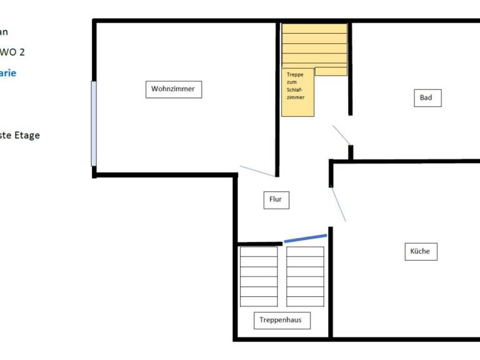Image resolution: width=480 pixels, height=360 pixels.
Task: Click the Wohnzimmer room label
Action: (173, 89)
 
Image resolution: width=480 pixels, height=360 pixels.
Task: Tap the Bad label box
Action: (427, 97)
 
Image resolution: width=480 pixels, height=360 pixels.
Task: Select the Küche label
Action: (420, 251)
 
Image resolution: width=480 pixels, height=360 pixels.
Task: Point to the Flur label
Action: (276, 200)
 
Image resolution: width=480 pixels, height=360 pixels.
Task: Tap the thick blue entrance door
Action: (305, 239)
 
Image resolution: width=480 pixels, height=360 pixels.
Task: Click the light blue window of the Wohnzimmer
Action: (94, 123)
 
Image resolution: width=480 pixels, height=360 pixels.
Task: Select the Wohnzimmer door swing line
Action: (257, 171)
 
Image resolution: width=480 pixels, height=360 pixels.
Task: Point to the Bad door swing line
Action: (341, 134)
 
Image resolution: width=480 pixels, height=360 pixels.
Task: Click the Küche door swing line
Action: (337, 204)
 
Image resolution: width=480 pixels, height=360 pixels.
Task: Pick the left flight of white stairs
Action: (259, 276)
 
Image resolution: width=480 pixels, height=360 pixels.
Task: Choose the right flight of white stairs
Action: (305, 276)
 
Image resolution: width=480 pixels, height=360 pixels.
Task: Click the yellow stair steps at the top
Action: (314, 47)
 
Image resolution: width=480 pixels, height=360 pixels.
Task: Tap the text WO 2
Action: (12, 52)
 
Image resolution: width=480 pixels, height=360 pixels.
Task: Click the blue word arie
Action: (8, 73)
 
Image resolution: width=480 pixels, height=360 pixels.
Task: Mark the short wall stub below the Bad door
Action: (351, 152)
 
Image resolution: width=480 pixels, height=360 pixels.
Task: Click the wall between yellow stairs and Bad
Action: (350, 69)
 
